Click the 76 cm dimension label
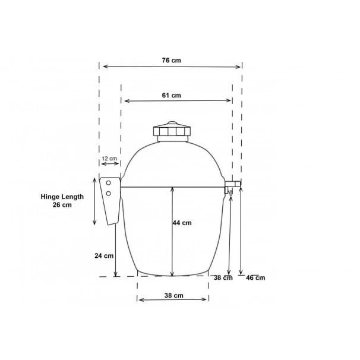(x=171, y=61)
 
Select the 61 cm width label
(x=171, y=95)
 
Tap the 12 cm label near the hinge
(x=109, y=159)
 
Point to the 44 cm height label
(x=182, y=223)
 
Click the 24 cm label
(x=104, y=255)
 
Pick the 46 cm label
(x=255, y=278)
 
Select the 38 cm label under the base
(x=174, y=295)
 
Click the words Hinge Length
(x=62, y=197)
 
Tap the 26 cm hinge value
(x=62, y=205)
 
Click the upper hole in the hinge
(x=108, y=183)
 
